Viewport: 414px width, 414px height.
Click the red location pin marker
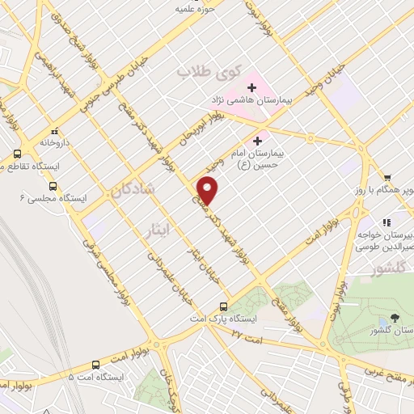point(208,190)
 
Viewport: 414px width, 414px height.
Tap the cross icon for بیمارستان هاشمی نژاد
point(252,87)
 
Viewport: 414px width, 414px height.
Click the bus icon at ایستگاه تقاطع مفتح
point(18,154)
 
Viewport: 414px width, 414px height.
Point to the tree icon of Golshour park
point(395,318)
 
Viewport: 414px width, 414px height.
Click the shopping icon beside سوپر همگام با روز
point(388,179)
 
